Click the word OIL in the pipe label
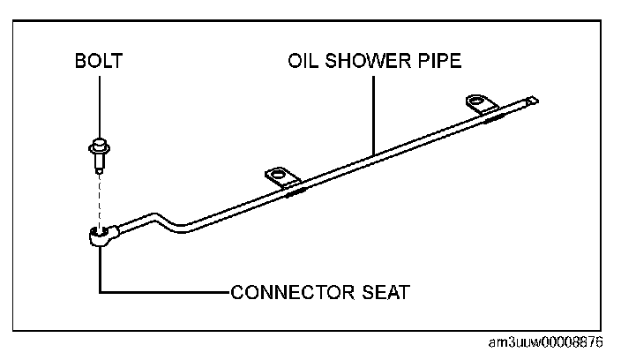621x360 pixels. [302, 64]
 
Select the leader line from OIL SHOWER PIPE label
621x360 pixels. [374, 110]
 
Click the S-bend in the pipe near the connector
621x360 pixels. [168, 220]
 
